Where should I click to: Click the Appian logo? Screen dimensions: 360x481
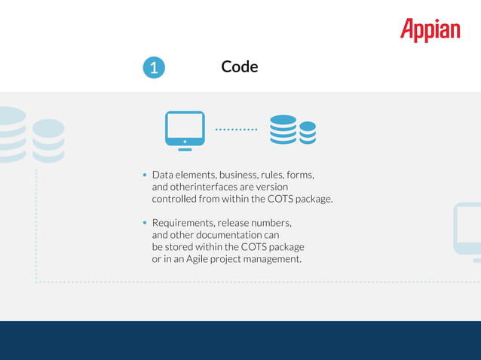coord(430,30)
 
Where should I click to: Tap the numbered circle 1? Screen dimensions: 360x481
coord(153,68)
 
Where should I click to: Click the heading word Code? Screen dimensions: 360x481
coord(240,67)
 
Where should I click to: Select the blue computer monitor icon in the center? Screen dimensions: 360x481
coord(185,130)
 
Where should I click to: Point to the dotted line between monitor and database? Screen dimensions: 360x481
coord(236,130)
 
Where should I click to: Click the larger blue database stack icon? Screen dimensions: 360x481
coord(283,130)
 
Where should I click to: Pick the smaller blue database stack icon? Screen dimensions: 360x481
coord(308,133)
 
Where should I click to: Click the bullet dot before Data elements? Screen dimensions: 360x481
coord(145,175)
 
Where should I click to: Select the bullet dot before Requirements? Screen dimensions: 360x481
coord(145,224)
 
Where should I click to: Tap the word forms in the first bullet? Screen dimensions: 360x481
coord(299,175)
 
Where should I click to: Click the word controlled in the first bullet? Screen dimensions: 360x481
coord(174,199)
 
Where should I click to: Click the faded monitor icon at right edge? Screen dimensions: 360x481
coord(467,230)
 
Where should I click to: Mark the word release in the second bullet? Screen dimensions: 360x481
coord(234,223)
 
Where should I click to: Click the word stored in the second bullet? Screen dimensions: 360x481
coord(181,247)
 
